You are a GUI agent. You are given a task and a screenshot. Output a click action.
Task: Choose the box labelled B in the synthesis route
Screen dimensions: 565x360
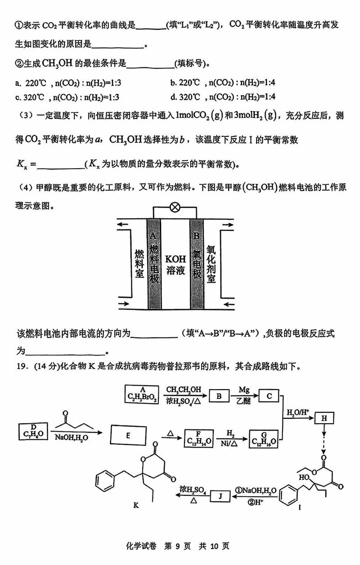point(219,396)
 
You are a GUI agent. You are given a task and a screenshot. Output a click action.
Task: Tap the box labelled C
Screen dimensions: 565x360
point(270,396)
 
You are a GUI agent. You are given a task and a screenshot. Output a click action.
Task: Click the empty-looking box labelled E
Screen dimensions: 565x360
point(128,435)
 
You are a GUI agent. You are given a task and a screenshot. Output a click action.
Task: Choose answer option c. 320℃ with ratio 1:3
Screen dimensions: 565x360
point(68,97)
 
